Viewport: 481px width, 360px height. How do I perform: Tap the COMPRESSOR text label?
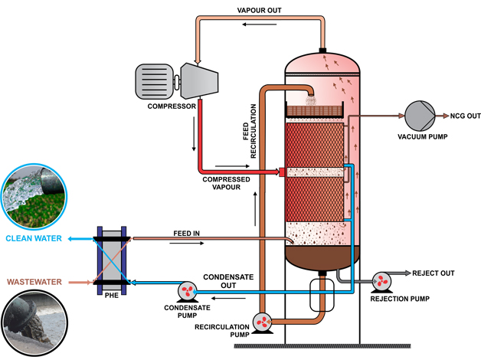[x=172, y=106]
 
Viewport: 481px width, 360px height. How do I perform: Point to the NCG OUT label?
[x=462, y=116]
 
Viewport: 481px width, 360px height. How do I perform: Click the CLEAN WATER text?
[x=35, y=238]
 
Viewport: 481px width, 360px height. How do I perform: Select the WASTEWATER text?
[x=36, y=281]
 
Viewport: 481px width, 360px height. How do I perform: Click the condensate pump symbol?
[x=187, y=290]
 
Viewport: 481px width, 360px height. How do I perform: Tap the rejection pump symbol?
[x=380, y=281]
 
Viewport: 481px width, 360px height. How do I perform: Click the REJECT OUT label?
[x=434, y=273]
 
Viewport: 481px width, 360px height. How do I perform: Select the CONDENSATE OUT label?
[x=224, y=281]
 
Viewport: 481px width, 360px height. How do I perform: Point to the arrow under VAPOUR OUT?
[x=248, y=24]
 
